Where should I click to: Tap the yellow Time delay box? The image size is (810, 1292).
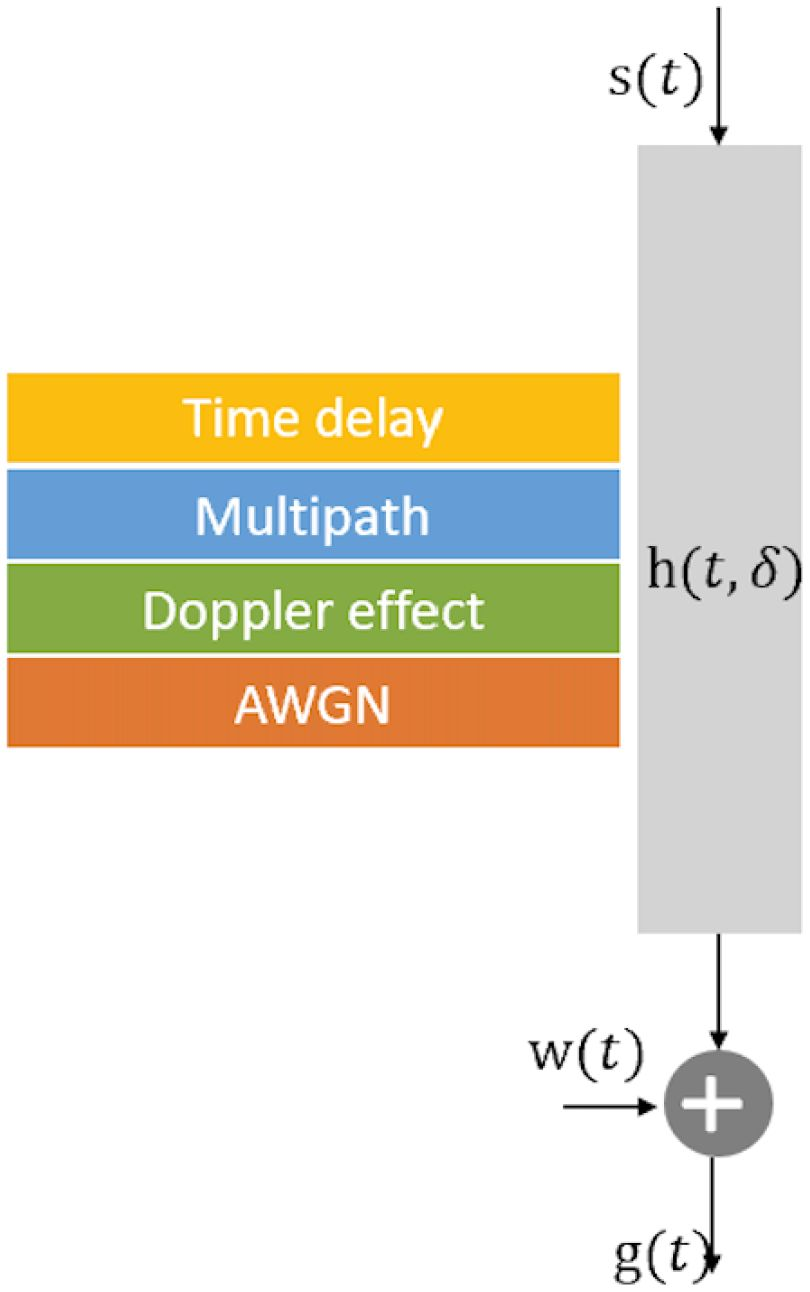[x=313, y=417]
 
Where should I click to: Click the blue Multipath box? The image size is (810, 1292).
[x=313, y=515]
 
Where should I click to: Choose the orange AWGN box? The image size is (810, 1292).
[x=313, y=703]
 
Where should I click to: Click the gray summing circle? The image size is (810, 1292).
[x=718, y=1104]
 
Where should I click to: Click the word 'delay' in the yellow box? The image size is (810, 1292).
[x=381, y=417]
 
